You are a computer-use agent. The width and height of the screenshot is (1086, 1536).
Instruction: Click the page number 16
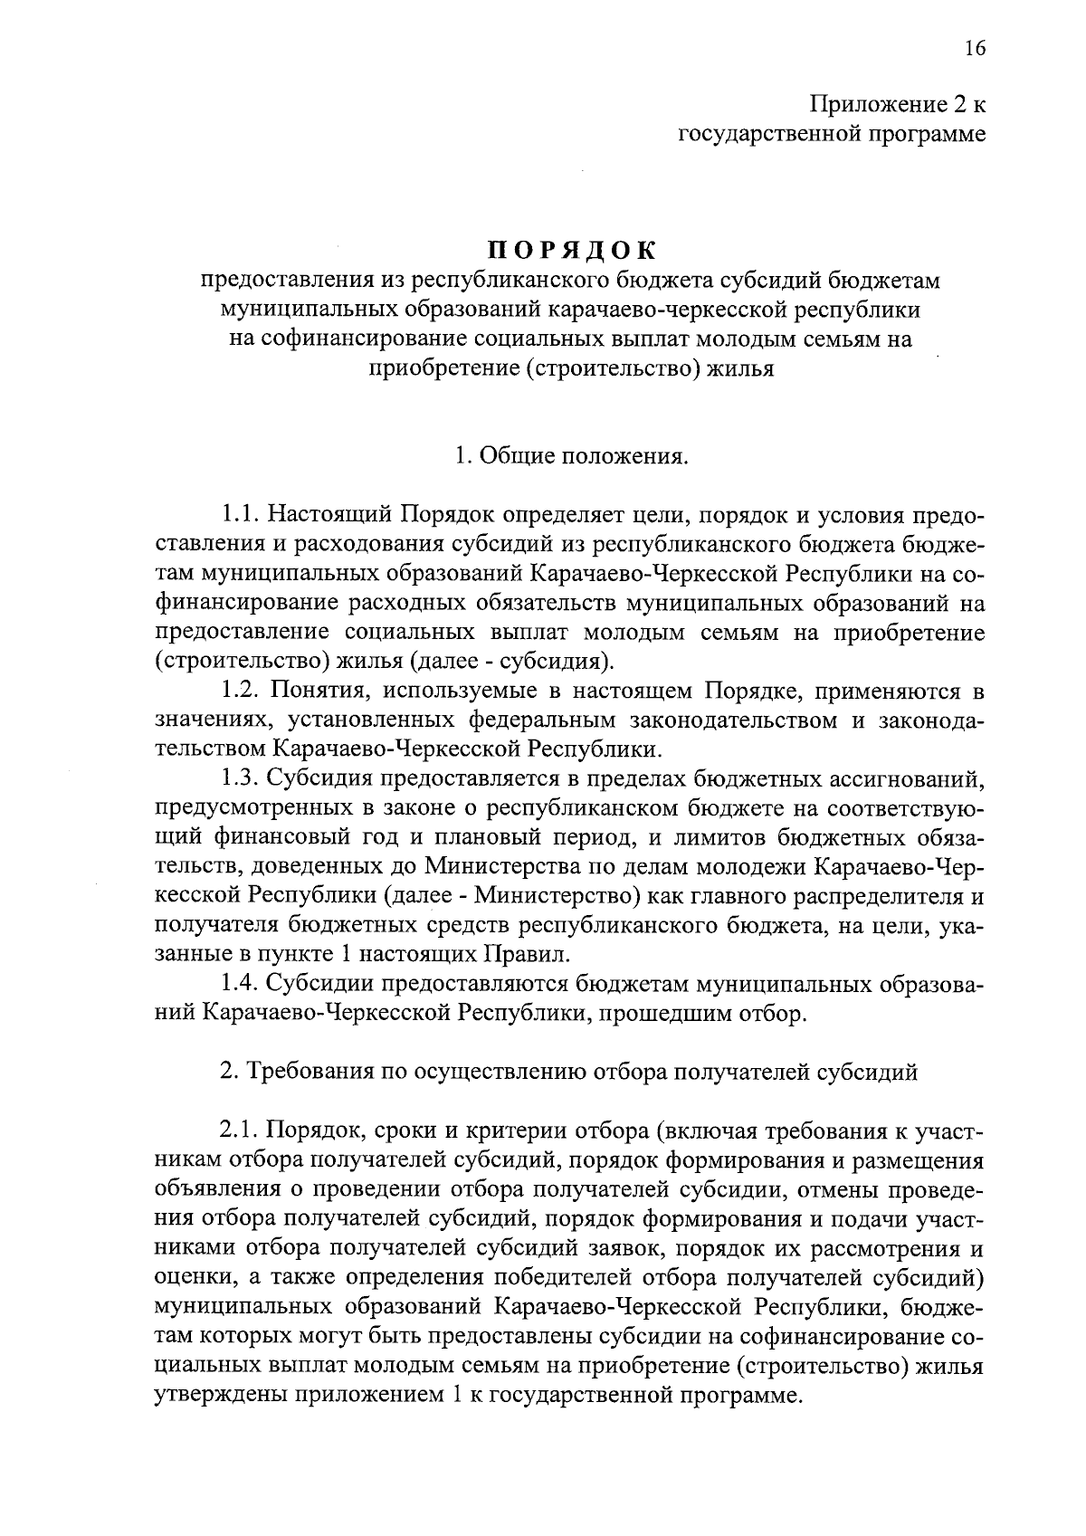(974, 49)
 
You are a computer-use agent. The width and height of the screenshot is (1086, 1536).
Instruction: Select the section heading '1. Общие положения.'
(571, 456)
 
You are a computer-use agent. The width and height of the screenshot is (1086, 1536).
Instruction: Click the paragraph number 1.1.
(241, 515)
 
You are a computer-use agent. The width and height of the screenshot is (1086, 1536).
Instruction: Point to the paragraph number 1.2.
(241, 692)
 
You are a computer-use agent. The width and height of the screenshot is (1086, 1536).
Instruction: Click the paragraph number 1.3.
(241, 778)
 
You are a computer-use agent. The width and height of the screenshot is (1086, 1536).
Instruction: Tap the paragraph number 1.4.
(241, 984)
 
